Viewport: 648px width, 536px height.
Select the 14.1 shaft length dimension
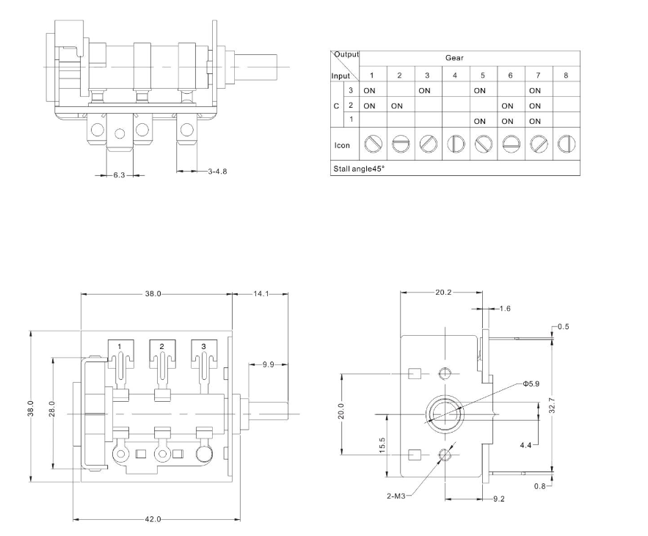pyautogui.click(x=261, y=294)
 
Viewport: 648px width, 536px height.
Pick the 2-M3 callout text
pyautogui.click(x=396, y=496)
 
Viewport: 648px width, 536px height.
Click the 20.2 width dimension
pyautogui.click(x=443, y=293)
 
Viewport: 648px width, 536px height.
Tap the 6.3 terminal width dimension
pyautogui.click(x=118, y=175)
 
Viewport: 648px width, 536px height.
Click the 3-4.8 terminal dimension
pyautogui.click(x=217, y=172)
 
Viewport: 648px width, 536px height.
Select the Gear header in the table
pyautogui.click(x=454, y=58)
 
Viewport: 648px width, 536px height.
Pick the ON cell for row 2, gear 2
pyautogui.click(x=397, y=106)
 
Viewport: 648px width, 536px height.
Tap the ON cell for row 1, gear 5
pyautogui.click(x=480, y=121)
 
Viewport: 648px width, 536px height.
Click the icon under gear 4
pyautogui.click(x=454, y=144)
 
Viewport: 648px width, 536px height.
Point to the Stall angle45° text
pyautogui.click(x=360, y=169)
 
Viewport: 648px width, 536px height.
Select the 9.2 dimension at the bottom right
pyautogui.click(x=499, y=499)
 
